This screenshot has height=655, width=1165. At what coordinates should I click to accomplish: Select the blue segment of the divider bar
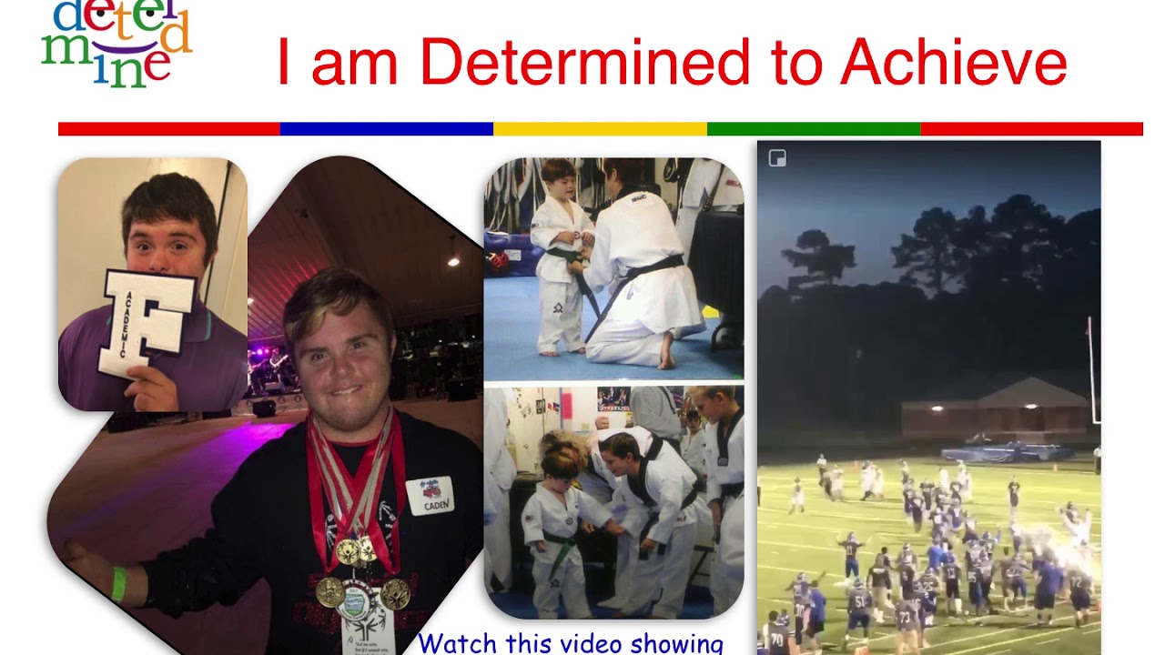pyautogui.click(x=386, y=129)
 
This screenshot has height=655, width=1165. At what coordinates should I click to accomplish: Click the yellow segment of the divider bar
pyautogui.click(x=600, y=129)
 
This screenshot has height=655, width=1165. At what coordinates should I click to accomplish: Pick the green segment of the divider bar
pyautogui.click(x=814, y=129)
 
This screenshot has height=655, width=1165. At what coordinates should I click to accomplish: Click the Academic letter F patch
pyautogui.click(x=147, y=322)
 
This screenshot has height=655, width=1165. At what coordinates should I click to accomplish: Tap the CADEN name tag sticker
pyautogui.click(x=430, y=496)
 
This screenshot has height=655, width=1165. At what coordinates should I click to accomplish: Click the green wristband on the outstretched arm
pyautogui.click(x=118, y=583)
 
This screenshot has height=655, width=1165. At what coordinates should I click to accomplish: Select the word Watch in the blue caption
pyautogui.click(x=455, y=644)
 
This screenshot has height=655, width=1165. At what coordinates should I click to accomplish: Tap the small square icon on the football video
pyautogui.click(x=777, y=158)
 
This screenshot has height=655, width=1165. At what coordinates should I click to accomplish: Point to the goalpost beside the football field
pyautogui.click(x=1091, y=373)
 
